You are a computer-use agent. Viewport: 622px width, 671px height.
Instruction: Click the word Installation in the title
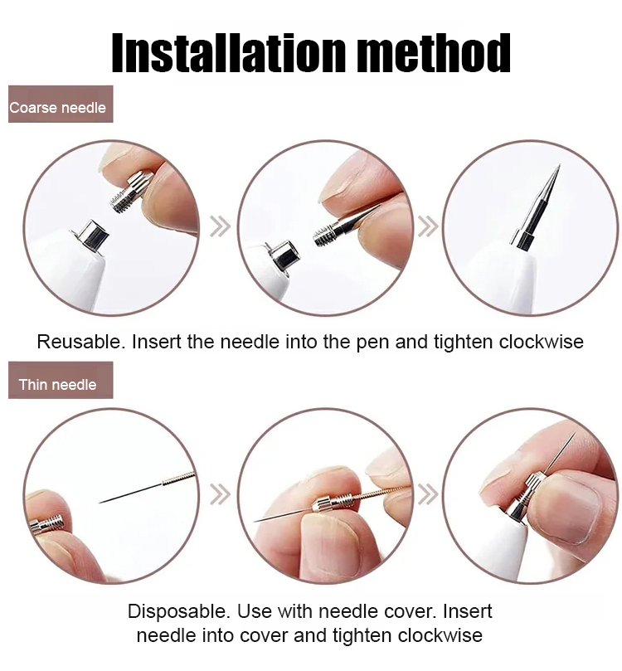click(x=228, y=52)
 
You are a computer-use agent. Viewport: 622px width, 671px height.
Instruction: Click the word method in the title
click(x=434, y=52)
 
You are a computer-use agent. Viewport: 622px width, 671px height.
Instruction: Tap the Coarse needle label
click(x=61, y=104)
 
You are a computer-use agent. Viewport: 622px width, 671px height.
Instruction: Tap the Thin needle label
click(x=61, y=380)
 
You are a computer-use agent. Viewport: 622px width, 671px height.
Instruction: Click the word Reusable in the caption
click(x=80, y=342)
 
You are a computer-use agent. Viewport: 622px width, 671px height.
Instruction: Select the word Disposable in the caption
click(x=179, y=611)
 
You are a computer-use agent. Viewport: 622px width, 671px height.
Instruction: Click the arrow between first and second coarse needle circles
click(x=220, y=226)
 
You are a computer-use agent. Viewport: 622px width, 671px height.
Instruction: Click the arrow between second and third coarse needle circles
click(x=428, y=226)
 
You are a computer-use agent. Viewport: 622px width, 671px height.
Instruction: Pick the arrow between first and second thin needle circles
click(x=220, y=494)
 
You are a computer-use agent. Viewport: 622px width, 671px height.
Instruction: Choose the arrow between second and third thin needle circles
click(x=428, y=494)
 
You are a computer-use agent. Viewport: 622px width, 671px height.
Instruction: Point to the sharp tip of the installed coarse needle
click(x=560, y=165)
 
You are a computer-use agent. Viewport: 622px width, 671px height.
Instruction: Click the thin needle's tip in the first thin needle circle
click(x=100, y=503)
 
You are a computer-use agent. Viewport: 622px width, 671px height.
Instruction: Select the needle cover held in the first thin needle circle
click(x=47, y=524)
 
